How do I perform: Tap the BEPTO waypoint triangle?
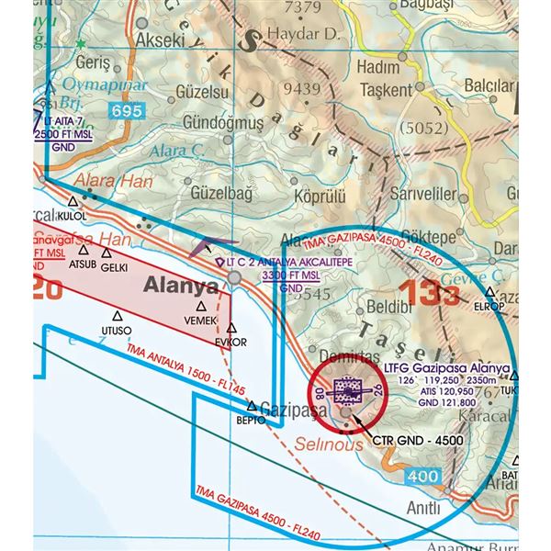point(251,405)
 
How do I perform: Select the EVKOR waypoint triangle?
point(231,327)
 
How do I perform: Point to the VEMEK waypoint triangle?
point(200,307)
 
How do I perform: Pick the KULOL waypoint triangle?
point(73,199)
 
